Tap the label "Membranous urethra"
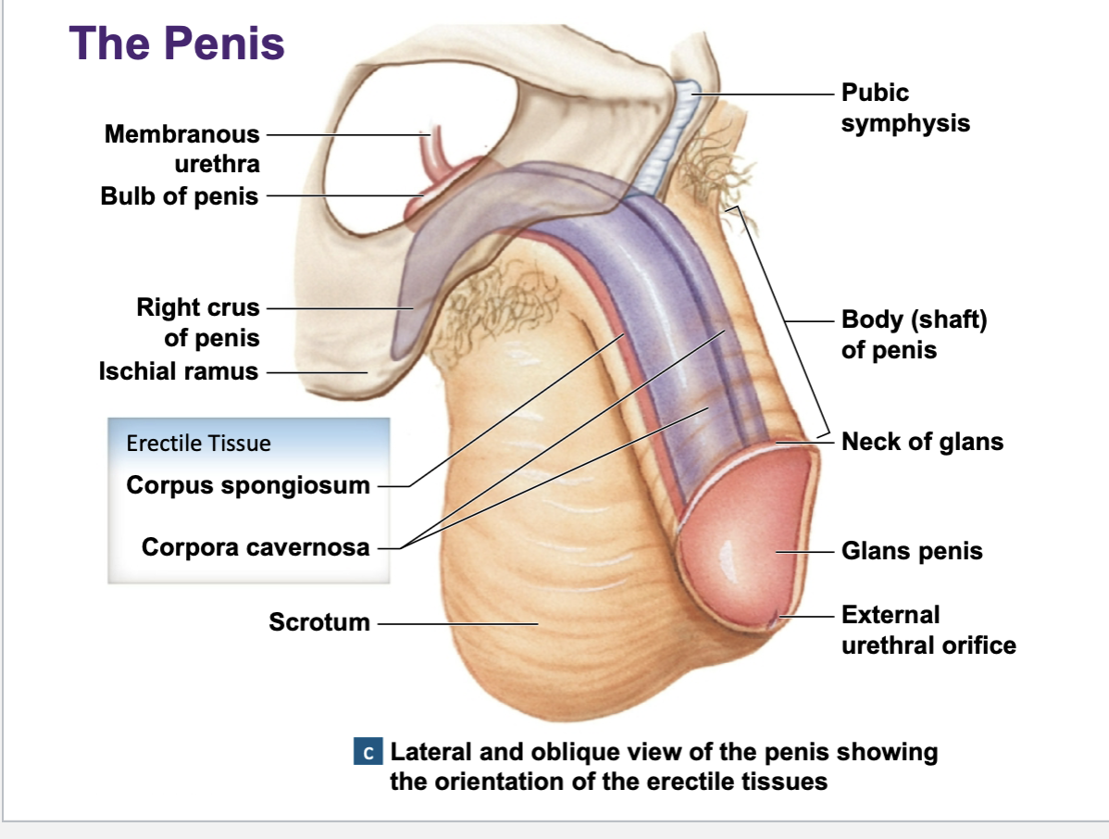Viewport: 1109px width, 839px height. point(182,149)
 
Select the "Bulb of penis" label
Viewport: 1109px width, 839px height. point(180,196)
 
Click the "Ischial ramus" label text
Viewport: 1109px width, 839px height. point(179,371)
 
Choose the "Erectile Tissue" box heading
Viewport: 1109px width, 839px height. point(199,443)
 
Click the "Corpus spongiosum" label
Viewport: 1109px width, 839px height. point(248,484)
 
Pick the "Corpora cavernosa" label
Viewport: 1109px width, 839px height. point(255,547)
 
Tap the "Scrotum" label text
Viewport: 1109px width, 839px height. point(319,621)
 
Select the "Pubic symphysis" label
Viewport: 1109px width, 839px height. point(905,107)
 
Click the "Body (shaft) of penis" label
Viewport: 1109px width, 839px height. point(914,335)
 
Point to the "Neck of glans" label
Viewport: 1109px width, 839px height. point(922,442)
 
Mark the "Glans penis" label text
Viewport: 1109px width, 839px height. point(912,551)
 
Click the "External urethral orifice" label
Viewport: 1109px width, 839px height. point(928,630)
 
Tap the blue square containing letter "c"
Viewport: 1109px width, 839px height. point(368,752)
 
